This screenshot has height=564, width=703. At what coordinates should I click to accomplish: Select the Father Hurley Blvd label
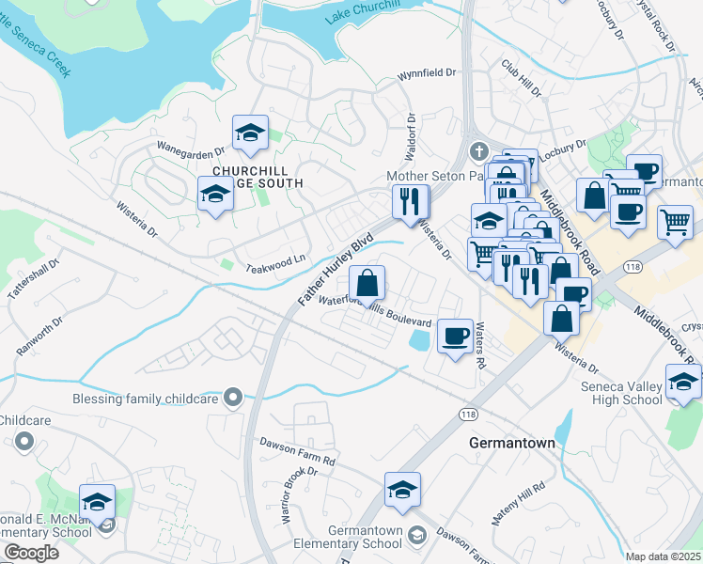(x=330, y=271)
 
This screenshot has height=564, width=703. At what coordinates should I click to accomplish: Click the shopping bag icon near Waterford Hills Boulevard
(x=367, y=282)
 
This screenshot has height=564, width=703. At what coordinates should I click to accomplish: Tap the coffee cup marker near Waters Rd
(x=456, y=335)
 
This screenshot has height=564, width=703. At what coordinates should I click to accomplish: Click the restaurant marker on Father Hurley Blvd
(x=410, y=200)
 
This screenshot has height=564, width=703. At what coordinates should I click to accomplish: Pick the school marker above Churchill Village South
(x=250, y=133)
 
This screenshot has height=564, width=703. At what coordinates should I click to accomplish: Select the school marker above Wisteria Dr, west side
(x=215, y=195)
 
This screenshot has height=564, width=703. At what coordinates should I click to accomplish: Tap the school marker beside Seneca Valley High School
(x=682, y=382)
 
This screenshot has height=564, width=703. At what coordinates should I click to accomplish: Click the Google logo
(x=31, y=553)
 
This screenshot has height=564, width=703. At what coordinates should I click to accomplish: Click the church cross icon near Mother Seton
(x=478, y=150)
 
